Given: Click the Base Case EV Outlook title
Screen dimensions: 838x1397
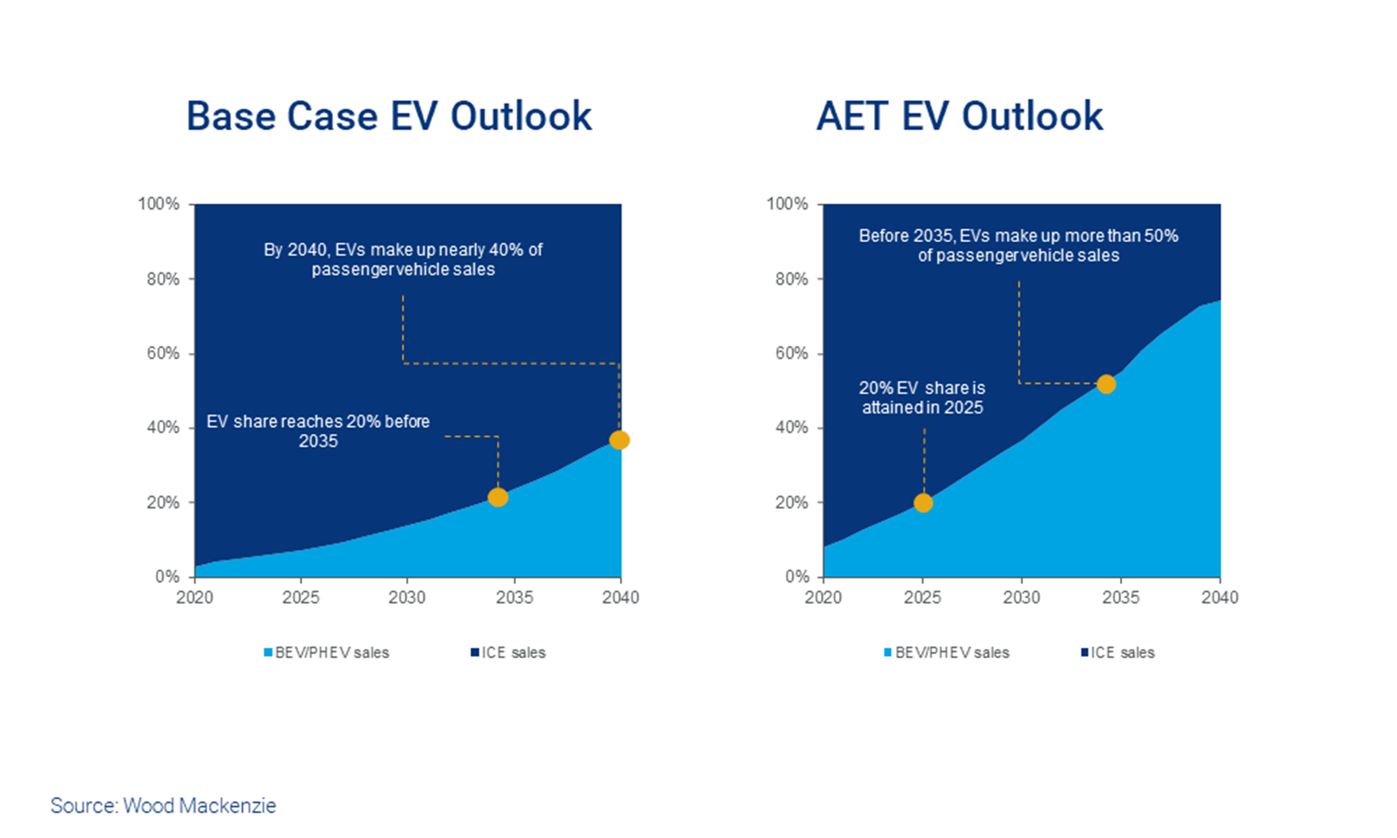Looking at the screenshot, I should click(x=389, y=116).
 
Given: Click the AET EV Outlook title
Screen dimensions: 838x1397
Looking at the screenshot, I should click(x=959, y=116).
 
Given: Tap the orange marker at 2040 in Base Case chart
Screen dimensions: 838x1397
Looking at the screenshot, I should click(x=619, y=440).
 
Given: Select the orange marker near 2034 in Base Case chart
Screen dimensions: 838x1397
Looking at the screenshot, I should click(x=498, y=497).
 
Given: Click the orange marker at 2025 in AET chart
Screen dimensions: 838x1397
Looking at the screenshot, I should click(x=923, y=503).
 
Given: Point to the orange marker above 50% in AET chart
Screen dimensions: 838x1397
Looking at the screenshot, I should click(x=1106, y=384).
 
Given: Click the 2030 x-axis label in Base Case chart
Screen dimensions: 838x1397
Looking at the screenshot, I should click(x=407, y=597).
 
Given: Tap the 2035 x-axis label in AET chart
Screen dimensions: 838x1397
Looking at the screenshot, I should click(x=1121, y=597).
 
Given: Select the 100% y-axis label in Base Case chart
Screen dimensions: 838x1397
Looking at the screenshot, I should click(x=158, y=204).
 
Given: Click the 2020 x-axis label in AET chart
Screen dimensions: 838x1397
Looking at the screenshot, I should click(x=823, y=597).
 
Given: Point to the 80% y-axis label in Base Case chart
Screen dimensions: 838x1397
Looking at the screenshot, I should click(x=163, y=279).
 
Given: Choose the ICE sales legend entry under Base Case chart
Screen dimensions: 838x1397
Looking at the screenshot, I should click(x=508, y=653).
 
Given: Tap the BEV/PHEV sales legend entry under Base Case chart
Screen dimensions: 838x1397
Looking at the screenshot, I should click(x=327, y=653).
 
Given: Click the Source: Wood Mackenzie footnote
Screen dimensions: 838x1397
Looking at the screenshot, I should click(x=163, y=805).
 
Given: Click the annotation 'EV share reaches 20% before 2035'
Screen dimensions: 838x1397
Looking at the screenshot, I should click(x=318, y=431).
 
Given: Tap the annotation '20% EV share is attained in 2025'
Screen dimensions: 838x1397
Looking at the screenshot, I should click(x=922, y=397).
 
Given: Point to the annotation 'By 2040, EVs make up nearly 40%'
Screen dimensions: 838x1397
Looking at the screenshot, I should click(x=403, y=259).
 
